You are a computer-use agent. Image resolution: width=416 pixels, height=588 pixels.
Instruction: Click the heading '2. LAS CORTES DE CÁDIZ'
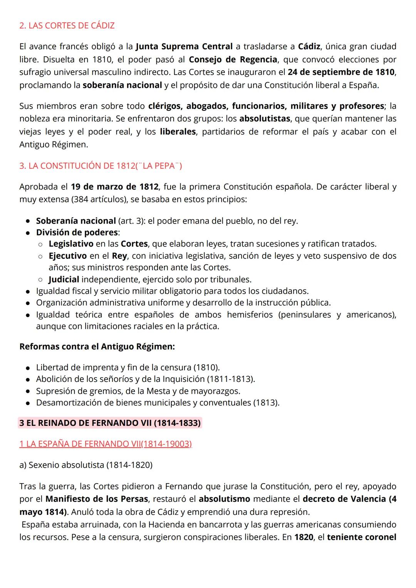pos(67,26)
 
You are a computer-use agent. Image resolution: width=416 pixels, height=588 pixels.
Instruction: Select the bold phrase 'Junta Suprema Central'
pos(184,47)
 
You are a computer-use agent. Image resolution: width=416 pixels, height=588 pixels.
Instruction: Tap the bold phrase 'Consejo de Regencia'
pos(233,59)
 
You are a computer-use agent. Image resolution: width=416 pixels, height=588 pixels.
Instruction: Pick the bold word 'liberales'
pos(178,132)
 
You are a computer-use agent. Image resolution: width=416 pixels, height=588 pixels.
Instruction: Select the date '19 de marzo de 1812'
pos(114,187)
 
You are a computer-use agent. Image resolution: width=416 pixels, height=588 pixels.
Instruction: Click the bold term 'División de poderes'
pos(77,232)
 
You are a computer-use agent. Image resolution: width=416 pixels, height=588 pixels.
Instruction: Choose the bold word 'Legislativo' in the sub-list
pos(71,244)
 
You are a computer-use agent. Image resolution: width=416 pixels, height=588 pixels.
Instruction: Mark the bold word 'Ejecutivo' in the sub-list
pos(67,256)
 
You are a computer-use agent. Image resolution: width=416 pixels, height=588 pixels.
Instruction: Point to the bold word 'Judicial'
pos(64,279)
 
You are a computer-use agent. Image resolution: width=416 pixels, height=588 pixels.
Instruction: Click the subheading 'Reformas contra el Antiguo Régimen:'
pos(97,346)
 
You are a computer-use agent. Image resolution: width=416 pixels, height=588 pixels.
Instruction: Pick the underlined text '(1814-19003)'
pos(166,444)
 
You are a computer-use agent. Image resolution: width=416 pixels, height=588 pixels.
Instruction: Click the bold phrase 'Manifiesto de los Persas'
pos(97,499)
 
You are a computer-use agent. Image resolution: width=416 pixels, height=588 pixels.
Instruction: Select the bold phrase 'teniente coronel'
pos(361,537)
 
